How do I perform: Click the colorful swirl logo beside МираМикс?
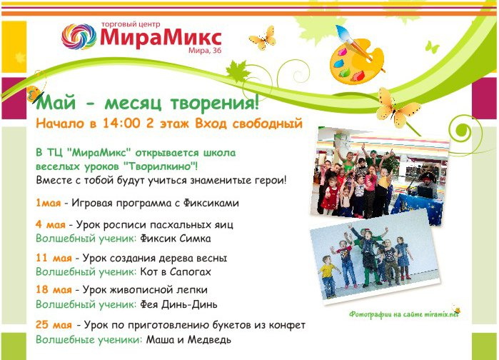click(x=79, y=36)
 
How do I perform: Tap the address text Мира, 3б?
click(x=205, y=50)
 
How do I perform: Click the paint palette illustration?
click(x=356, y=61)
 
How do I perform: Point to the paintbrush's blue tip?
click(x=341, y=31)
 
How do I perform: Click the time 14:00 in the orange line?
click(x=121, y=123)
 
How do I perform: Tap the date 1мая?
click(x=48, y=203)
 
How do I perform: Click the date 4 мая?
click(x=51, y=224)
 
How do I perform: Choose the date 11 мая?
click(x=54, y=258)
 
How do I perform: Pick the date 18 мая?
click(x=54, y=290)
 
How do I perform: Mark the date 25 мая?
click(x=54, y=325)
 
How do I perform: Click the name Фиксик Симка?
click(x=176, y=238)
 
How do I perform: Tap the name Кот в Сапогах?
click(x=176, y=271)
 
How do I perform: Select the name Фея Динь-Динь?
click(x=179, y=304)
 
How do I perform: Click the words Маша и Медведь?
click(x=188, y=339)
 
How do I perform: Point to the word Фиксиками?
click(x=211, y=203)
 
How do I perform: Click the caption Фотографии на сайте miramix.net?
click(x=404, y=314)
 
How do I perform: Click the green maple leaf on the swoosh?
click(x=238, y=72)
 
